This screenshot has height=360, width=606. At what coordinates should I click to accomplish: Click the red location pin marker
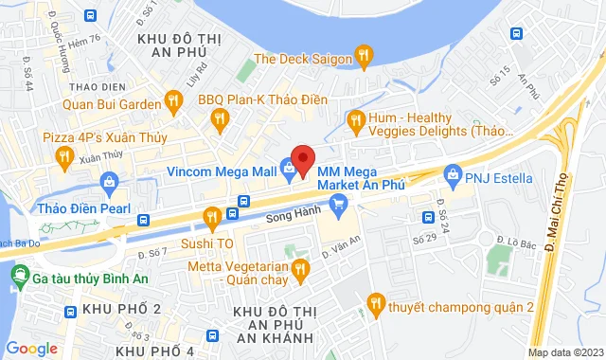click(x=302, y=160)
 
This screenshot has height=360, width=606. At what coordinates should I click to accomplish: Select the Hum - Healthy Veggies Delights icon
click(x=356, y=119)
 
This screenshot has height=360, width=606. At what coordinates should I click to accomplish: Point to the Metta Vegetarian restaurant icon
click(x=301, y=271)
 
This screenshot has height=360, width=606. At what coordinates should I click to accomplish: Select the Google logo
click(x=32, y=348)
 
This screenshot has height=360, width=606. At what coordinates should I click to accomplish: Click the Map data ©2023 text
click(x=563, y=353)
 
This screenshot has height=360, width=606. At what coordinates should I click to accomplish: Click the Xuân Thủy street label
click(x=100, y=157)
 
